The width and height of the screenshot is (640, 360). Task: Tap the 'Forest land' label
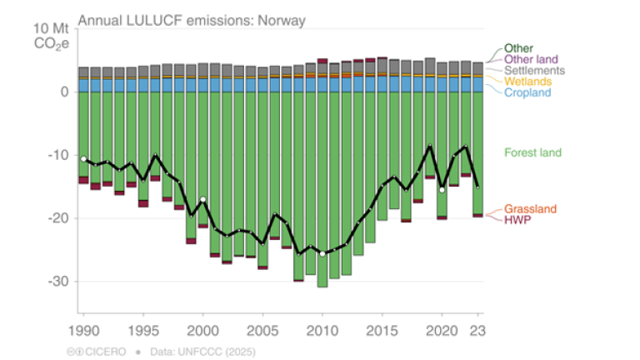[x=532, y=152]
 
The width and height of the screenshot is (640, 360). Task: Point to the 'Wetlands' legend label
[x=530, y=82]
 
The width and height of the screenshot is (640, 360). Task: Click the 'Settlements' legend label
[x=535, y=71]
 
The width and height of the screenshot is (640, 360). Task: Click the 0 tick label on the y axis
[x=63, y=92]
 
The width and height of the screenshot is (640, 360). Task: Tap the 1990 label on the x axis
[x=83, y=327]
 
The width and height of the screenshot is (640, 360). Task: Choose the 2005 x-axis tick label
[x=262, y=327]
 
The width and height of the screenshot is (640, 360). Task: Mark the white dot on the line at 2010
[x=322, y=253]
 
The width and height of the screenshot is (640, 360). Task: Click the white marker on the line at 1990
[x=83, y=158]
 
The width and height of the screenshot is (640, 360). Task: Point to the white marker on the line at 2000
[x=203, y=199]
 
